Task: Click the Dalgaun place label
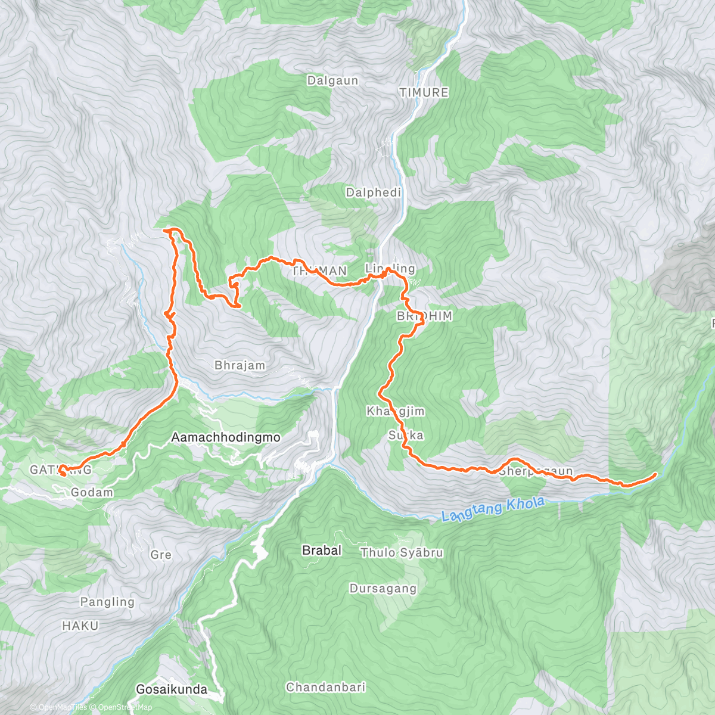[x=332, y=80]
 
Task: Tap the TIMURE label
[x=424, y=92]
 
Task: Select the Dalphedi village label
[x=374, y=192]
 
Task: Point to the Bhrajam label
[x=240, y=365]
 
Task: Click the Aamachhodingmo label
[x=225, y=437]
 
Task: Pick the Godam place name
[x=92, y=492]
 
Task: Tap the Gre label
[x=161, y=555]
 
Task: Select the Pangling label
[x=107, y=602]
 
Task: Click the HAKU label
[x=80, y=626]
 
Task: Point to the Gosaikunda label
[x=172, y=689]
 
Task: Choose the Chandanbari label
[x=325, y=687]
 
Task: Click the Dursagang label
[x=383, y=589]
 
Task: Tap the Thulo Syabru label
[x=402, y=553]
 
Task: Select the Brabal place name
[x=322, y=550]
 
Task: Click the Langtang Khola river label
[x=493, y=510]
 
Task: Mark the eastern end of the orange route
[x=655, y=474]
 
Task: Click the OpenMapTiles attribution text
[x=62, y=707]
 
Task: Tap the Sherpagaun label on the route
[x=536, y=471]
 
